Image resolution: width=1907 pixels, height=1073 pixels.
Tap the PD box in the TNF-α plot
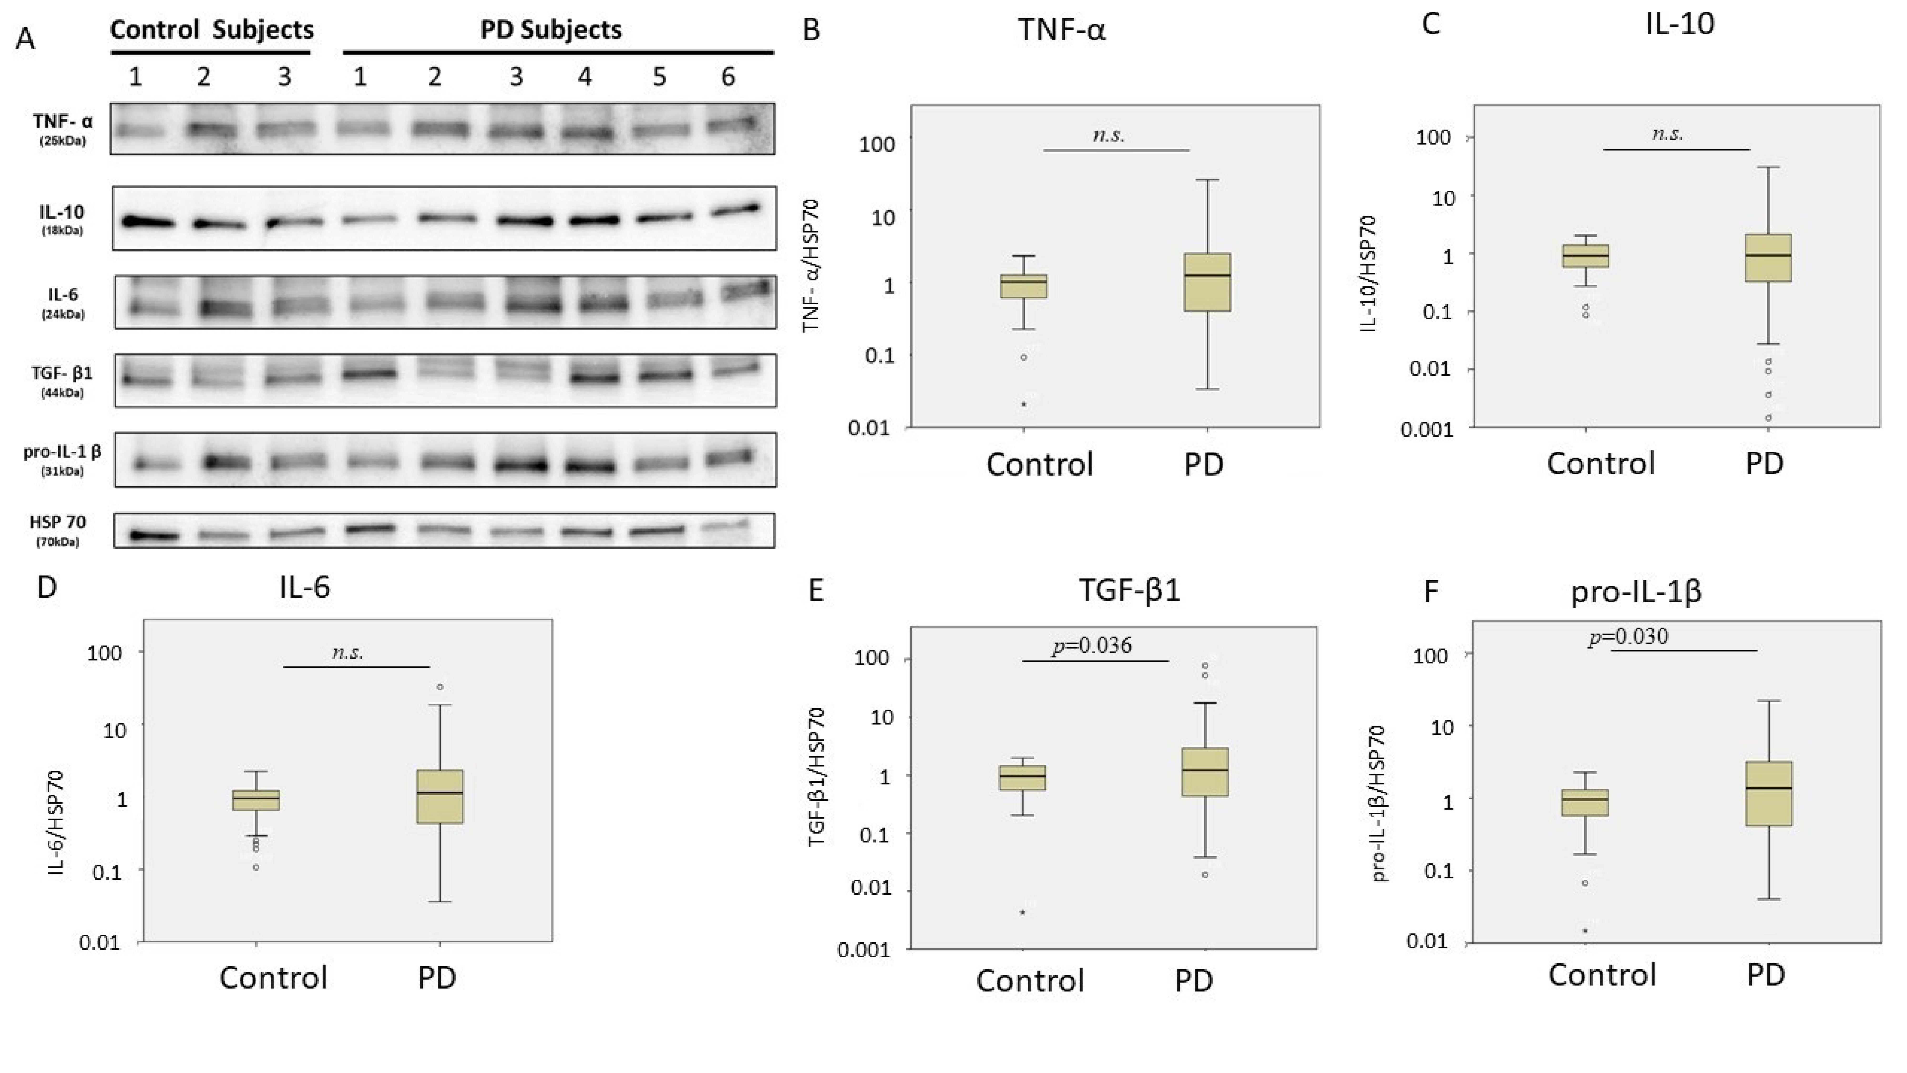pyautogui.click(x=1207, y=282)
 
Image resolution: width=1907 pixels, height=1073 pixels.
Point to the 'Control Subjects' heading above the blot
pyautogui.click(x=212, y=30)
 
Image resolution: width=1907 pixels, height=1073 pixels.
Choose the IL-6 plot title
pyautogui.click(x=304, y=587)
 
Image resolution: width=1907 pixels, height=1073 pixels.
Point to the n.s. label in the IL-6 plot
pyautogui.click(x=347, y=652)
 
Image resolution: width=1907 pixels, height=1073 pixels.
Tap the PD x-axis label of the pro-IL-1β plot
pyautogui.click(x=1766, y=975)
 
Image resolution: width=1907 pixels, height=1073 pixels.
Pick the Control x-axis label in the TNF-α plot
pyautogui.click(x=1039, y=464)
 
